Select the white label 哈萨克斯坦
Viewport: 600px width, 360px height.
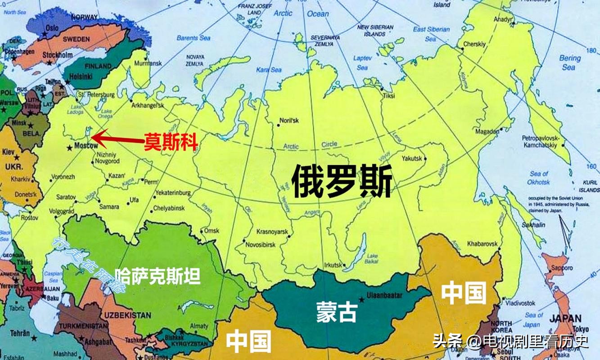pyautogui.click(x=158, y=276)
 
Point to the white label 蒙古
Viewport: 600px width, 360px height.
pyautogui.click(x=336, y=311)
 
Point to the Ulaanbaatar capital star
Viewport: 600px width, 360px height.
pyautogui.click(x=361, y=299)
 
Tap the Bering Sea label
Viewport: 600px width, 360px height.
pyautogui.click(x=569, y=63)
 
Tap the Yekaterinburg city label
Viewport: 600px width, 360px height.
pyautogui.click(x=172, y=193)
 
